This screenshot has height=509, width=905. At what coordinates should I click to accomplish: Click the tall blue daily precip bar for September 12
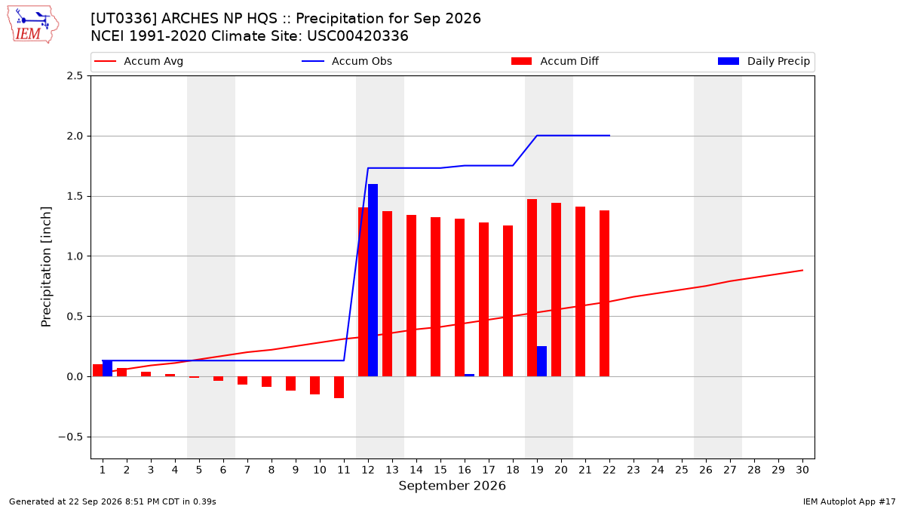[373, 281]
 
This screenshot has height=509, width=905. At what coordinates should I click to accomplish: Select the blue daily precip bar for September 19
[541, 361]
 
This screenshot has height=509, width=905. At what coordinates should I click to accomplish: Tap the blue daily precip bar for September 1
[107, 369]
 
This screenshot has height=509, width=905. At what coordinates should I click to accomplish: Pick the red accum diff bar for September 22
[604, 293]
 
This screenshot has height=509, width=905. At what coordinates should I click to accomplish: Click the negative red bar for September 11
[339, 387]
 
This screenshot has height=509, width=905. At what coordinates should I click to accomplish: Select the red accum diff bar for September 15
[436, 297]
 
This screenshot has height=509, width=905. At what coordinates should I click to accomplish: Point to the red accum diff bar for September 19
[532, 287]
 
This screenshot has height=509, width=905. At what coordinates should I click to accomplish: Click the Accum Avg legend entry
[139, 61]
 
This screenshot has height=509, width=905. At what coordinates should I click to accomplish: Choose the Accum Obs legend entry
[347, 61]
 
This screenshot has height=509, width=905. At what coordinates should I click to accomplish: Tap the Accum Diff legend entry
[555, 61]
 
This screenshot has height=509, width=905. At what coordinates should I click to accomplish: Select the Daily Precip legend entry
[764, 61]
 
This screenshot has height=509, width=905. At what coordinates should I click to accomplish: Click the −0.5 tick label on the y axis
[71, 437]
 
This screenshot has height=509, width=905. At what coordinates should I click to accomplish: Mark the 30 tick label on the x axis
[802, 470]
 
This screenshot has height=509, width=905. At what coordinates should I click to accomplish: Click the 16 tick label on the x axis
[465, 470]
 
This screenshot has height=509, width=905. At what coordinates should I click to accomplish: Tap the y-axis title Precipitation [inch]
[46, 267]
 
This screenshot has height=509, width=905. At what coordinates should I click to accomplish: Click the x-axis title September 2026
[452, 486]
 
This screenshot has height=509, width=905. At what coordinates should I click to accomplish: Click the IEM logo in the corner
[32, 25]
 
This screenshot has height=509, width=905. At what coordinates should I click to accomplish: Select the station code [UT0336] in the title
[124, 19]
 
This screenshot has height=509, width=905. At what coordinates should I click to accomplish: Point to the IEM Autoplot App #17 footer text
[849, 501]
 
